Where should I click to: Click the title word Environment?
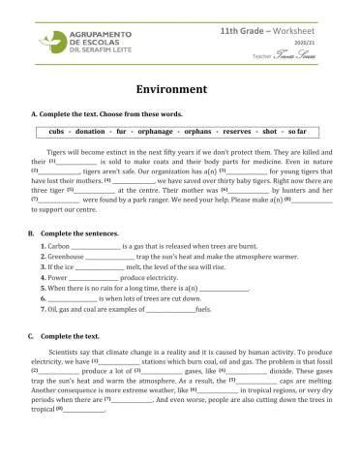pyautogui.click(x=179, y=85)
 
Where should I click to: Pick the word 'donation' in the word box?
pyautogui.click(x=90, y=129)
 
